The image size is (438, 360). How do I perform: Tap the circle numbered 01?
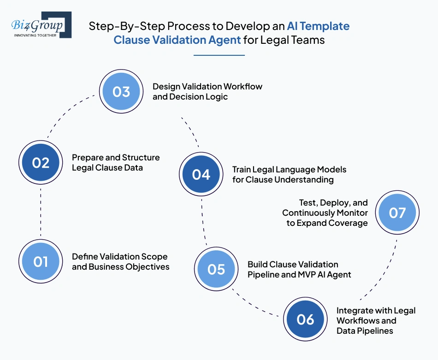41,261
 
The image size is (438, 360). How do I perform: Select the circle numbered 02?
41,163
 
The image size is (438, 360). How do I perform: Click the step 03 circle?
121,92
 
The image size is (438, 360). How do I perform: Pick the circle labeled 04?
201,174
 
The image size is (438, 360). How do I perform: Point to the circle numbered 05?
216,269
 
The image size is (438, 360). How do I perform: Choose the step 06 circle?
305,319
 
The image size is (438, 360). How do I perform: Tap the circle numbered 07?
397,212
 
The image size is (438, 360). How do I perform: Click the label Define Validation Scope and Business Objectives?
120,261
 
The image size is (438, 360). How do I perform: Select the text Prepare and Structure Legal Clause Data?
116,162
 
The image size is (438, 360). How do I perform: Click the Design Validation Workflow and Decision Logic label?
207,92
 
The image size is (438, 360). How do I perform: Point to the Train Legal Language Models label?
289,174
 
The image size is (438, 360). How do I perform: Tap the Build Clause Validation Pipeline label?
299,269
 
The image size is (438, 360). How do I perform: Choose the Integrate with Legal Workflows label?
376,320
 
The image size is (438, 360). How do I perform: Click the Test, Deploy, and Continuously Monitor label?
325,212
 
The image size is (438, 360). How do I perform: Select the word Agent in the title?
224,40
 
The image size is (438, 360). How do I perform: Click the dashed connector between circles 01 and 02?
41,212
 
